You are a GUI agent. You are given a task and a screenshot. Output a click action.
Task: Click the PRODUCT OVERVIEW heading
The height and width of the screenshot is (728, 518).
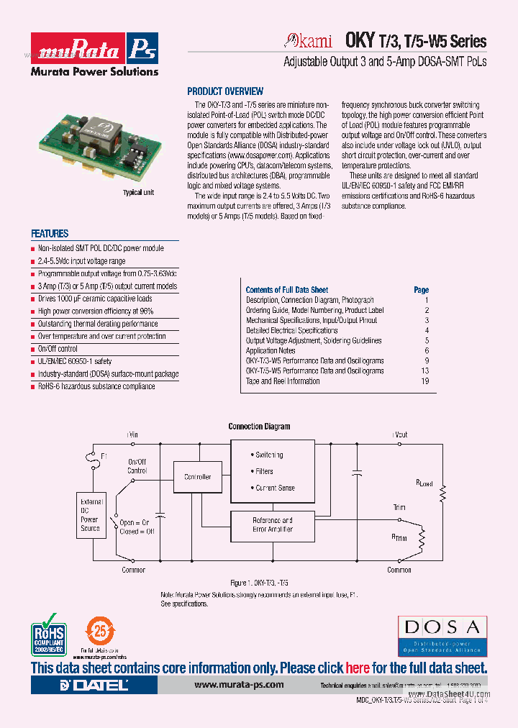pyautogui.click(x=225, y=91)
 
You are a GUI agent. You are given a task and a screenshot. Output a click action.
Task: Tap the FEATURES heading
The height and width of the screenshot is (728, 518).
pyautogui.click(x=50, y=234)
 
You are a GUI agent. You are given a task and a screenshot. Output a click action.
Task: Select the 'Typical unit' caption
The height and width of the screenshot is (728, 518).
pyautogui.click(x=138, y=193)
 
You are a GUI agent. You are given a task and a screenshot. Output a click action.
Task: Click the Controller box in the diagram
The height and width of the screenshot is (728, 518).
pyautogui.click(x=198, y=477)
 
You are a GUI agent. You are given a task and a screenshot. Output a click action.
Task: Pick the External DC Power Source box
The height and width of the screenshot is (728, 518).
pyautogui.click(x=90, y=514)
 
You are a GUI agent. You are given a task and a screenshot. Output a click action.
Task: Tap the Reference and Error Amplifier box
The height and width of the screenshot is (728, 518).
pyautogui.click(x=272, y=524)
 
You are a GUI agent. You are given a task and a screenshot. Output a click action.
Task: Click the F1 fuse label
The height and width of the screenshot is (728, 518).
pyautogui.click(x=104, y=456)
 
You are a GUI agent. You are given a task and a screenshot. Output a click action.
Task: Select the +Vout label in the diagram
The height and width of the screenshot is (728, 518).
pyautogui.click(x=399, y=434)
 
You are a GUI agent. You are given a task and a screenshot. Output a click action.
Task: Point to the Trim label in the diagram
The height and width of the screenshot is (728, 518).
pyautogui.click(x=399, y=508)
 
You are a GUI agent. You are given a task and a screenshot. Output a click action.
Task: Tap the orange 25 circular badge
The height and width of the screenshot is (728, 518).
pyautogui.click(x=101, y=632)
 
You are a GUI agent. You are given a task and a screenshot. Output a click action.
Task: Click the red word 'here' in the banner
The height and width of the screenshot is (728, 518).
pyautogui.click(x=358, y=668)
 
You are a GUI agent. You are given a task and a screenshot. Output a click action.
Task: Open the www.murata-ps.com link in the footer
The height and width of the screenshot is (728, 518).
pyautogui.click(x=239, y=685)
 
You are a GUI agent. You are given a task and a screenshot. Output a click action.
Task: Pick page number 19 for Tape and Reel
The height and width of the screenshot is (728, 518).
pyautogui.click(x=425, y=381)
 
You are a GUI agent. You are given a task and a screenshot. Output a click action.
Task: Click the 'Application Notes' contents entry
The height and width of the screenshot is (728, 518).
pyautogui.click(x=276, y=351)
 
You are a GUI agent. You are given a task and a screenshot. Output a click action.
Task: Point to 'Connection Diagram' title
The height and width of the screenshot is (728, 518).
pyautogui.click(x=259, y=427)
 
